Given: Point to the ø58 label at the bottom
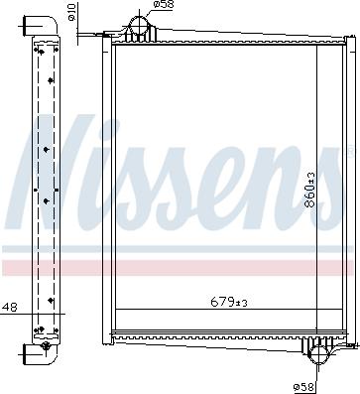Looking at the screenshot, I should (x=302, y=385).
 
